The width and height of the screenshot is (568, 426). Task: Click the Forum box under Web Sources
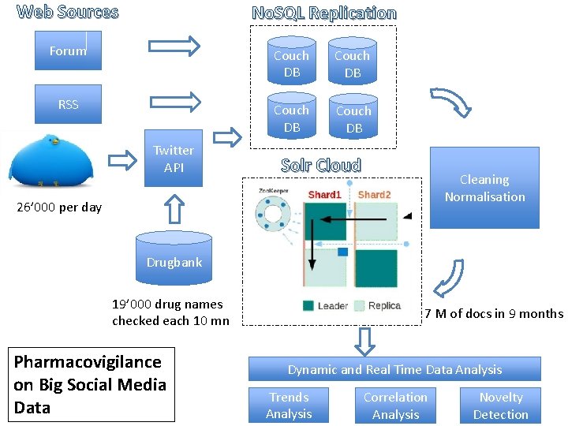pyautogui.click(x=68, y=50)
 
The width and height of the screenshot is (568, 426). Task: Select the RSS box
pyautogui.click(x=68, y=104)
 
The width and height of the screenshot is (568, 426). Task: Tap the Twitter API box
pyautogui.click(x=174, y=158)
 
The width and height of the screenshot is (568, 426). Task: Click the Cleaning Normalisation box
pyautogui.click(x=484, y=188)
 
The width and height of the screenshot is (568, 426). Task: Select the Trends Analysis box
pyautogui.click(x=289, y=405)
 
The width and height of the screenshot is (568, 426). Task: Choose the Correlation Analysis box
pyautogui.click(x=395, y=405)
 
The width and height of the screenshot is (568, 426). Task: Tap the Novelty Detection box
pyautogui.click(x=501, y=405)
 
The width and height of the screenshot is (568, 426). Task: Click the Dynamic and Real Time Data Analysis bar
pyautogui.click(x=394, y=369)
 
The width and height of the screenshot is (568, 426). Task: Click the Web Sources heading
pyautogui.click(x=68, y=12)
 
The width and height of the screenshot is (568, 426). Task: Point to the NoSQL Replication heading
pyautogui.click(x=323, y=13)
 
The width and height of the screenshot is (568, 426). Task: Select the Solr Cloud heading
pyautogui.click(x=321, y=166)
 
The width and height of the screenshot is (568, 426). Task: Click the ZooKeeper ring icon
pyautogui.click(x=273, y=215)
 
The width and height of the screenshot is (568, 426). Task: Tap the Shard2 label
pyautogui.click(x=374, y=194)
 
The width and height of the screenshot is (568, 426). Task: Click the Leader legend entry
pyautogui.click(x=324, y=306)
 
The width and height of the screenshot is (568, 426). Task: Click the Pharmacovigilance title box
pyautogui.click(x=90, y=384)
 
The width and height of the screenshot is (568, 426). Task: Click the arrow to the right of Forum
pyautogui.click(x=175, y=46)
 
